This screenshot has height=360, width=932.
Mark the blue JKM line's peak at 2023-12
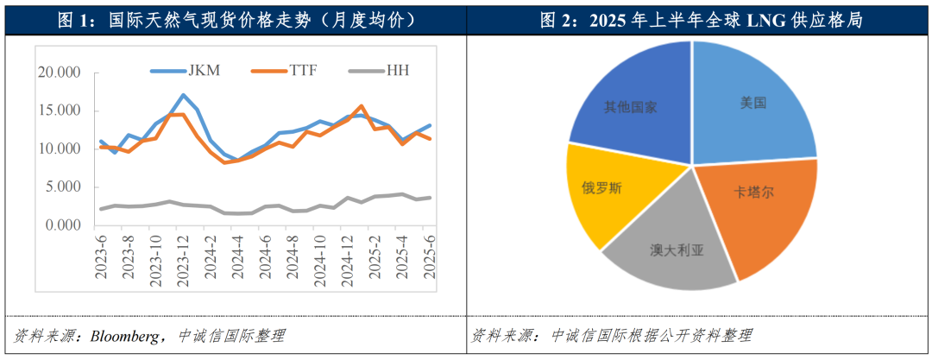[183, 95]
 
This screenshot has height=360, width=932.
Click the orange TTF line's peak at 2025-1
[360, 106]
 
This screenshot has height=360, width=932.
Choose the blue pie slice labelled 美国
[753, 104]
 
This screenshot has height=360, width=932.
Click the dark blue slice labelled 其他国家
[632, 107]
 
